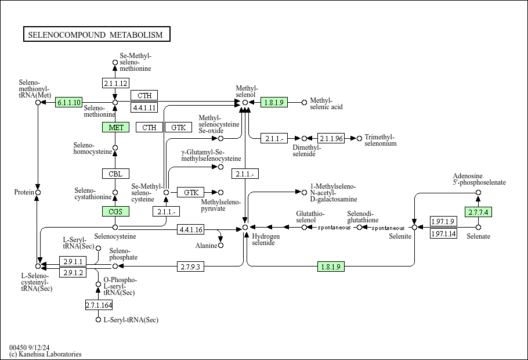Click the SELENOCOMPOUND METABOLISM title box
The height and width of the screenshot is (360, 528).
96,35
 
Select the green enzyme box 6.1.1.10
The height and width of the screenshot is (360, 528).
69,102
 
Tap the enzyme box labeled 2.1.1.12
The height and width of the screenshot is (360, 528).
115,83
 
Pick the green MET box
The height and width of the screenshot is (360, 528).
115,127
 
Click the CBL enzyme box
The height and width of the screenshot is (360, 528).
115,173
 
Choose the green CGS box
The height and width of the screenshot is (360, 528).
115,211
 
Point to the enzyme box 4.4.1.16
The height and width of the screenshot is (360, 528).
191,230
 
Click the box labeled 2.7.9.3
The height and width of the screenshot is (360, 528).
191,267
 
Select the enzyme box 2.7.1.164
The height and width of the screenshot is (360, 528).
99,305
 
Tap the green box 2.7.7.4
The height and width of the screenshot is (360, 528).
478,212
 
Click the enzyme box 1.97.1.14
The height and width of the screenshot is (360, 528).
443,233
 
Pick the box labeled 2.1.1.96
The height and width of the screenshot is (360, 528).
331,138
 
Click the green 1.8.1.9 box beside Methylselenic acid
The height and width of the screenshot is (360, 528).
274,102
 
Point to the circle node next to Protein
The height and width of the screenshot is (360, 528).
38,192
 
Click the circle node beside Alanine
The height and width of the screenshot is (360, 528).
221,246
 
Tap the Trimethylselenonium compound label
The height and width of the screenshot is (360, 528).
381,141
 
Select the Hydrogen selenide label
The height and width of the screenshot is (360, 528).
266,239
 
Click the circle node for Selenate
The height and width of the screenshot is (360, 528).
478,227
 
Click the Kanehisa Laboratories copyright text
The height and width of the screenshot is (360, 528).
45,354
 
